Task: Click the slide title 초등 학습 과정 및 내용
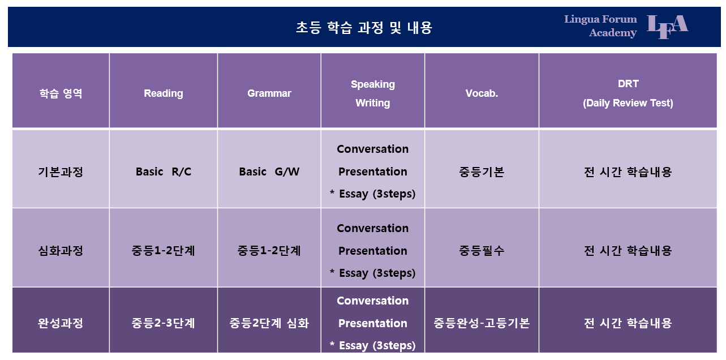(x=364, y=28)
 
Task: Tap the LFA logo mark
(x=668, y=27)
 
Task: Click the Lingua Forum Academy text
(x=600, y=26)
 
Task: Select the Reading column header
(x=164, y=93)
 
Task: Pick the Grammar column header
(x=269, y=93)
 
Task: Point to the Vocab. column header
(x=482, y=93)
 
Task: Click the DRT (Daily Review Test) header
(x=628, y=93)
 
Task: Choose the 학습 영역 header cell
(x=61, y=93)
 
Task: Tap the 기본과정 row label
(x=61, y=172)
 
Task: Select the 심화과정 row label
(x=61, y=250)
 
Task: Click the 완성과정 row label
(x=61, y=323)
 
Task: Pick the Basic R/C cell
(x=164, y=172)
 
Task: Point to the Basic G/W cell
(x=269, y=172)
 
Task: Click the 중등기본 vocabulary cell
(x=482, y=172)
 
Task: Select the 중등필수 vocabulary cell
(x=482, y=250)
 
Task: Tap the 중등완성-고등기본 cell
(x=482, y=323)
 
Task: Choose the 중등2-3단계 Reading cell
(x=164, y=323)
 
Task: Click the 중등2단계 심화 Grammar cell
(x=269, y=323)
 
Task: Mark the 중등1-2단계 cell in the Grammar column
(x=269, y=250)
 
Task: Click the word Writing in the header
(x=373, y=103)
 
